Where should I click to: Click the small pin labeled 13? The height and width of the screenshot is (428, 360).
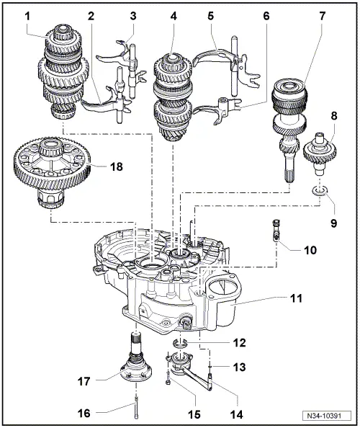tap(210, 370)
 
